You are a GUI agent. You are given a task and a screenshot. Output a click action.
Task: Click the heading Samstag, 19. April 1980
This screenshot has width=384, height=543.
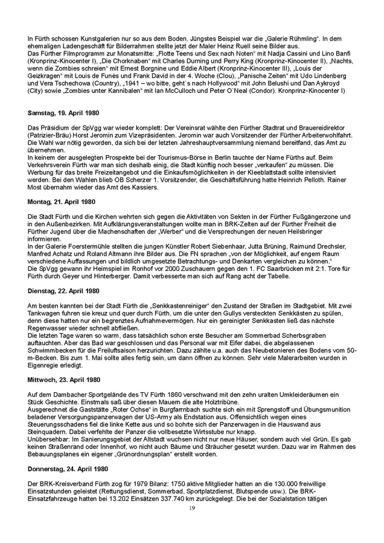63,113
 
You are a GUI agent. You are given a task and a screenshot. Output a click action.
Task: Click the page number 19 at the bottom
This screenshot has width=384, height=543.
192,510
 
